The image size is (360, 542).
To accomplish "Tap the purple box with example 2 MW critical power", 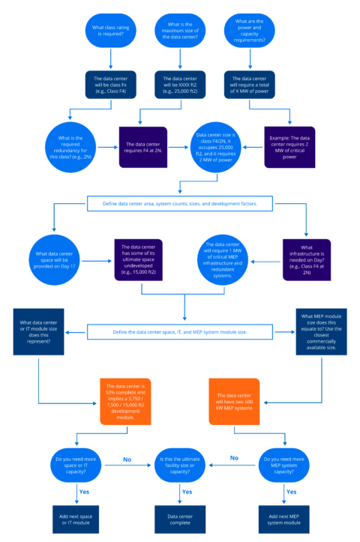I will coord(295,143).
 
